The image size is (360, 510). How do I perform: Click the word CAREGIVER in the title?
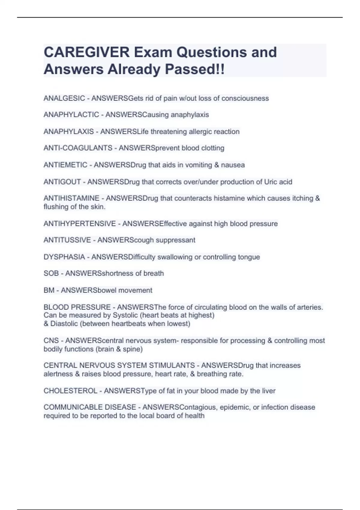coord(86,52)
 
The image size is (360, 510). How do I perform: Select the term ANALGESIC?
coord(64,98)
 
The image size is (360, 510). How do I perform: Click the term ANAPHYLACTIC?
coord(71,115)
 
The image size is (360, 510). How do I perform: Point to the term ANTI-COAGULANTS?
coord(78,148)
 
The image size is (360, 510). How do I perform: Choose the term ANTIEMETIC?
coord(65,165)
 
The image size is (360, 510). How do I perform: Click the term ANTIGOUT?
coord(62,182)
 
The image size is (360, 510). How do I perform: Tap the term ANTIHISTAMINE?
coord(71,198)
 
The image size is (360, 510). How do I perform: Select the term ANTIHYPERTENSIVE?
coord(79,224)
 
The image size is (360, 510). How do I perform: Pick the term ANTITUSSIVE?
coord(67,240)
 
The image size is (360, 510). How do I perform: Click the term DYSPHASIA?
coord(64,257)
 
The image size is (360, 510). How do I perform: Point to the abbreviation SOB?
coord(51,273)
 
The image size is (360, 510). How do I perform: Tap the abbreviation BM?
coord(49,290)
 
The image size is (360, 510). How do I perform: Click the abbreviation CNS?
coord(51,340)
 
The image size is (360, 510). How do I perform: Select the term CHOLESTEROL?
coord(70,391)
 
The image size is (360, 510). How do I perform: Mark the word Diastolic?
coord(64,324)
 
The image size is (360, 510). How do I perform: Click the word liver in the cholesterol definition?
coord(268,391)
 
